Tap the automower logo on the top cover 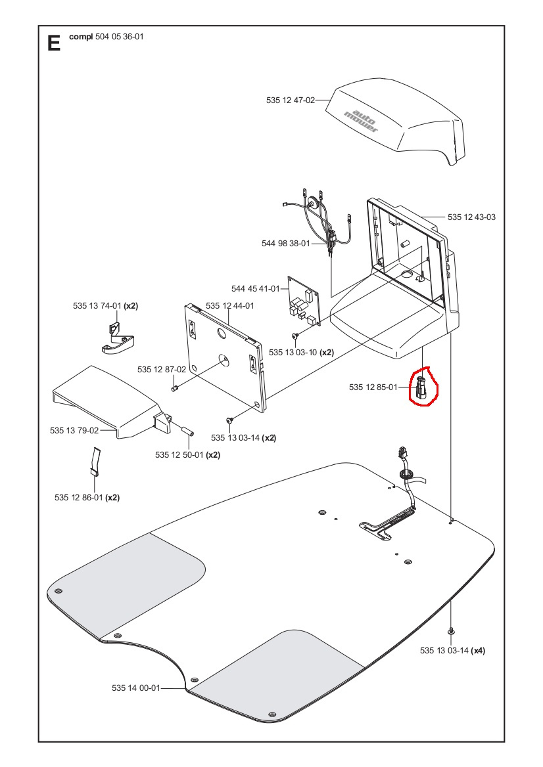click(x=361, y=118)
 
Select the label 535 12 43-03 click(x=471, y=217)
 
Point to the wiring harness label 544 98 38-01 click(x=285, y=243)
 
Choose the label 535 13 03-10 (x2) click(x=301, y=353)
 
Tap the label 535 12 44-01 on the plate click(x=229, y=306)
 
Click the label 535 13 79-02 click(x=74, y=431)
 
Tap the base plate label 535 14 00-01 click(x=135, y=688)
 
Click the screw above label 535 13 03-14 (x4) click(x=452, y=630)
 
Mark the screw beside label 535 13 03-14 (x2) click(x=229, y=420)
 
